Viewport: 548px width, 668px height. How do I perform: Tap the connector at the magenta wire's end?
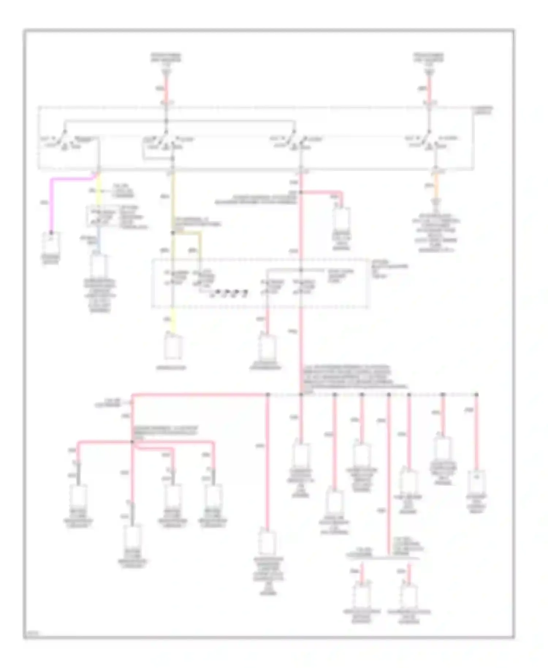point(52,242)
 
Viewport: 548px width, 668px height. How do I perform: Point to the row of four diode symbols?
point(229,293)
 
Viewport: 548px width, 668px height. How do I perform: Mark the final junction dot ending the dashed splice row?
point(476,395)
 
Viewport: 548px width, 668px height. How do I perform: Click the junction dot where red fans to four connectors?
point(132,442)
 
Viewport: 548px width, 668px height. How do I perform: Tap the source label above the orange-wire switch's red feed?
point(429,58)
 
